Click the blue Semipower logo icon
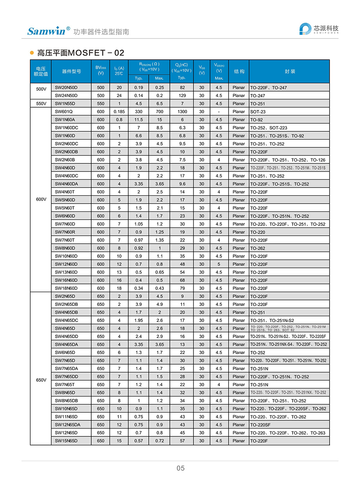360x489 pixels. click(305, 29)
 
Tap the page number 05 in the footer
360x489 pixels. click(180, 468)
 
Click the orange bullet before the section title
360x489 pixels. click(32, 53)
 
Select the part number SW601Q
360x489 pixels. click(64, 112)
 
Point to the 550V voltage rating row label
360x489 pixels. click(41, 104)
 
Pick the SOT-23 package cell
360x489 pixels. click(258, 112)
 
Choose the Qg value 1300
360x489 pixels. click(182, 112)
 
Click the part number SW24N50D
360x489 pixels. click(66, 96)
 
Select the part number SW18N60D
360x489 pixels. click(66, 288)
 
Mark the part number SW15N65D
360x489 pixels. click(66, 441)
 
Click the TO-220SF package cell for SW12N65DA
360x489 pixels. click(259, 425)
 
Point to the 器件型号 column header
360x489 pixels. click(71, 71)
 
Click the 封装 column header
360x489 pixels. click(289, 71)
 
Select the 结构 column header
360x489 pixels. click(239, 71)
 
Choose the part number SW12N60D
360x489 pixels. click(66, 264)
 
